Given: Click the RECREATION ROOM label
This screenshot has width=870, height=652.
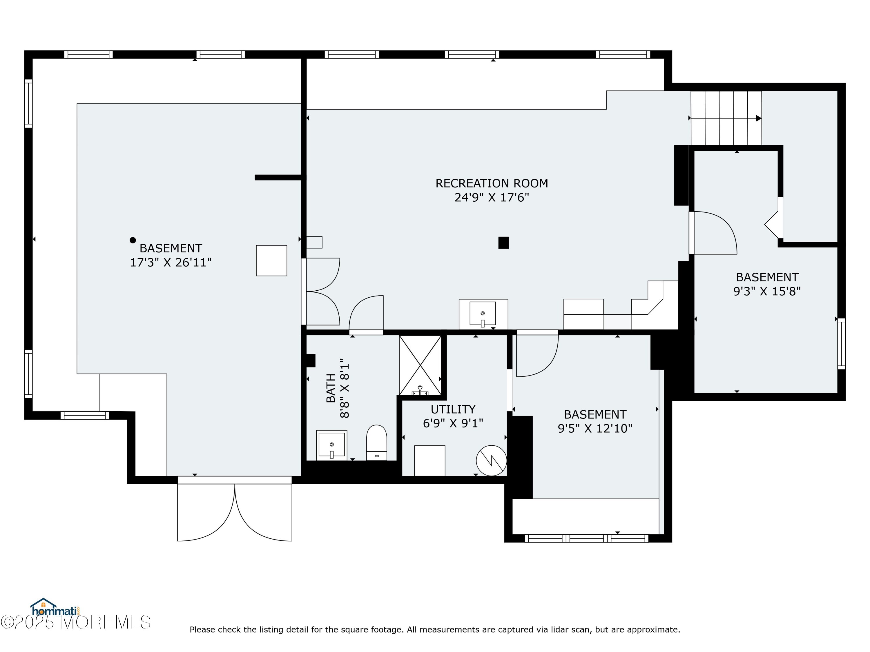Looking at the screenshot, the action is point(492,183).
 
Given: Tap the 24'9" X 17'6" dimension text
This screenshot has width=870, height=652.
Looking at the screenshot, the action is point(492,197).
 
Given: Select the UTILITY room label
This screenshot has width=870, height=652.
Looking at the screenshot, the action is point(453,409).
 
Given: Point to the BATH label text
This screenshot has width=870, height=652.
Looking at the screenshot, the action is point(331,388).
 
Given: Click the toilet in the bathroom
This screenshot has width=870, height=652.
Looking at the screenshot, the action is point(376,442).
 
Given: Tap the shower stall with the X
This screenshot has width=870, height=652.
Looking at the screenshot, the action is point(420,365).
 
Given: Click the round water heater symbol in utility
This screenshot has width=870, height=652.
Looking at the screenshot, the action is point(491,460).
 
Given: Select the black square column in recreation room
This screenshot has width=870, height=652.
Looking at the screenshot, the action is point(503,243).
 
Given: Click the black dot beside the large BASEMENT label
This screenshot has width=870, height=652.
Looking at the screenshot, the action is point(133,240).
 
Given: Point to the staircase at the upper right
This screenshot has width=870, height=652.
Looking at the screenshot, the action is point(726,118).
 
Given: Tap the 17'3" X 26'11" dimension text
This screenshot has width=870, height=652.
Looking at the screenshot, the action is point(171,263).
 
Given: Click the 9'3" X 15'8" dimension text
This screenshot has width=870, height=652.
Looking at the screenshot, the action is point(767,291).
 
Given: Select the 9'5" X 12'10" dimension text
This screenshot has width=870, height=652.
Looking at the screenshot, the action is point(595,428).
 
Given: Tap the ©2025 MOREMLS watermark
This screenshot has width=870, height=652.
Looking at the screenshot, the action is point(75,622).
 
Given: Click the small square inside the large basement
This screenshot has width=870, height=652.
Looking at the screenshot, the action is point(271,261).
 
